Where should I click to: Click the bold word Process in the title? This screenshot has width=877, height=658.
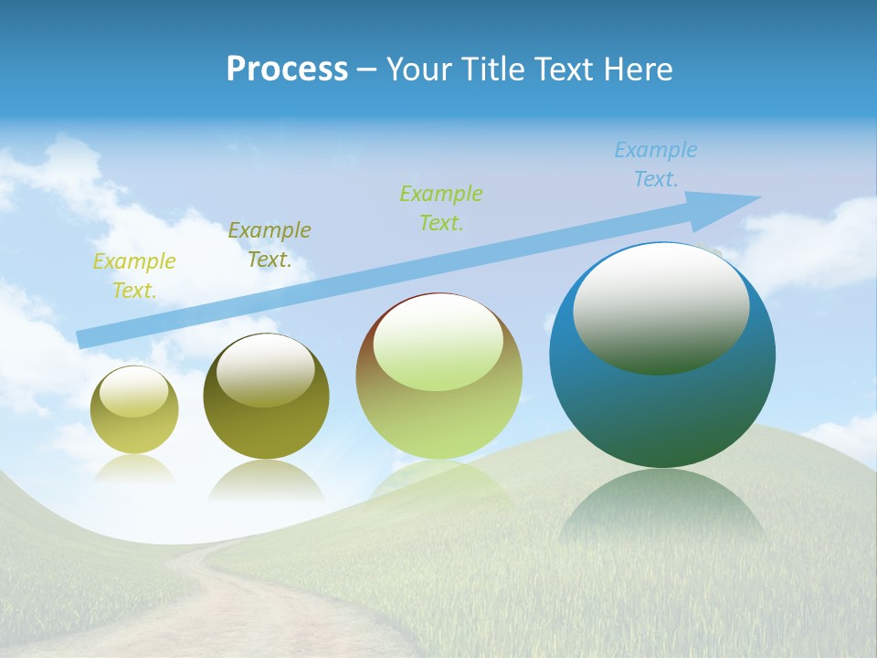(x=287, y=69)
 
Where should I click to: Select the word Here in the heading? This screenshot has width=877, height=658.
(x=637, y=69)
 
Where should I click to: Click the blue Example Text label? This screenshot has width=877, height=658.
(x=656, y=164)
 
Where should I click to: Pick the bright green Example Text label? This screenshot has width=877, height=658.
(x=441, y=207)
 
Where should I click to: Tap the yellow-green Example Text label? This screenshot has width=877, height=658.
(x=134, y=276)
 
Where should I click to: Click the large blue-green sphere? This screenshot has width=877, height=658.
(x=662, y=402)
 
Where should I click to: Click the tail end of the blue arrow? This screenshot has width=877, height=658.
(x=82, y=339)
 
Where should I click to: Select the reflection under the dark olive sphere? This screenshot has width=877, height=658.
(x=266, y=480)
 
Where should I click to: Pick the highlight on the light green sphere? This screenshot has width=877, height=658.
(x=438, y=344)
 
